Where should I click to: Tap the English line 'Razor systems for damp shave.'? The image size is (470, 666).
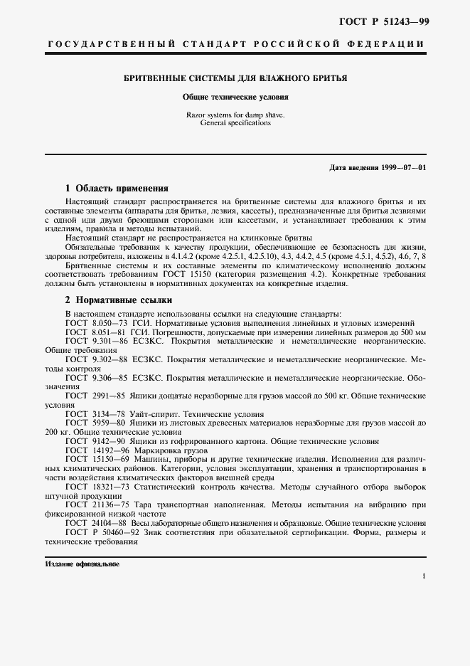(x=235, y=114)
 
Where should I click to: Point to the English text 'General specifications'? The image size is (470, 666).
(x=235, y=122)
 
